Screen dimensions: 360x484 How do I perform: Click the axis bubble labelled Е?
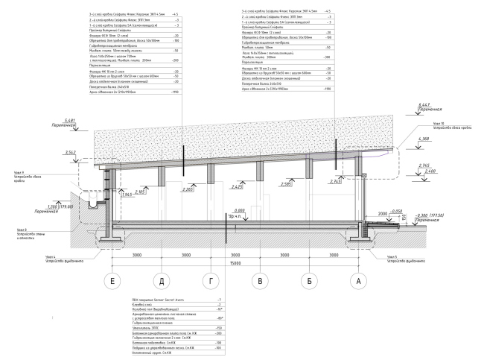(113, 282)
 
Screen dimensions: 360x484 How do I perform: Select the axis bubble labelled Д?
(162, 282)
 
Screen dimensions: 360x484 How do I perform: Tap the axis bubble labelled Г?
(211, 282)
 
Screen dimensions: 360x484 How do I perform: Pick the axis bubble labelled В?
(260, 282)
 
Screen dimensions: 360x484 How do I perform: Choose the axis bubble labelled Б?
(309, 282)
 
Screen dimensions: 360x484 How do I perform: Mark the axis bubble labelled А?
(358, 282)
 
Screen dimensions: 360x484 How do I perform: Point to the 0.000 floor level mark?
(240, 211)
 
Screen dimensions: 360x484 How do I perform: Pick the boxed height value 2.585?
(285, 183)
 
